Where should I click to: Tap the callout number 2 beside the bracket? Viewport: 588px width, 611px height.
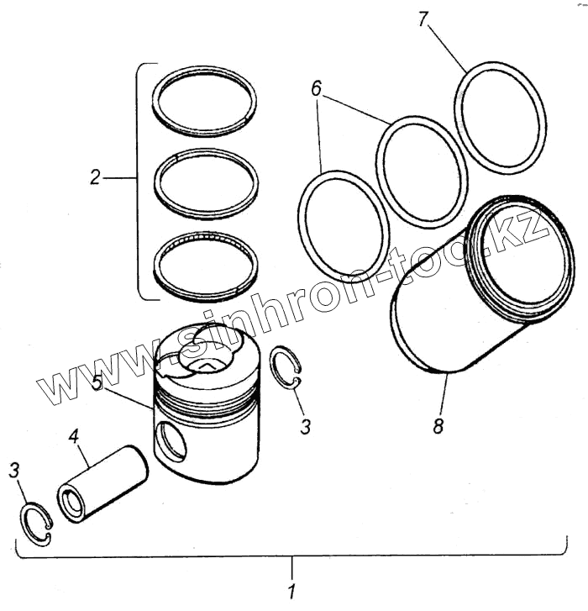(96, 177)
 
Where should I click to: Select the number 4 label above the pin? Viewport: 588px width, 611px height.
(74, 437)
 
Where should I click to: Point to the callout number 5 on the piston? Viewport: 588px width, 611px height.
(97, 382)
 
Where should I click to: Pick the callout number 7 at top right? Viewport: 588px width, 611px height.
(425, 18)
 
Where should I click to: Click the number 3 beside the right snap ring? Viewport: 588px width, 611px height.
(306, 426)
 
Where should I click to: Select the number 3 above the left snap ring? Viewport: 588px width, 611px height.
(14, 470)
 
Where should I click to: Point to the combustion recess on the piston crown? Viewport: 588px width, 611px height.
(207, 364)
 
